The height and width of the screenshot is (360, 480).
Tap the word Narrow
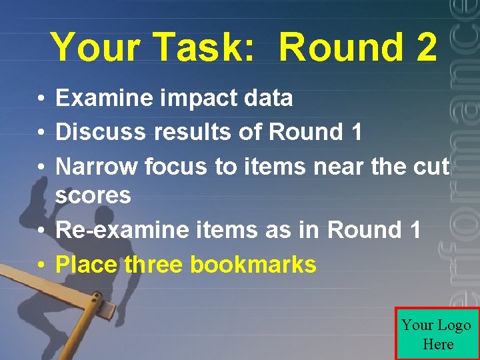[x=97, y=166]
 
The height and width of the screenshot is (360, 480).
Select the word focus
[x=177, y=166]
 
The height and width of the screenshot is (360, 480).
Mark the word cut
[x=431, y=166]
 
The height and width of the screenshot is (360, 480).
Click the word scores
[x=93, y=196]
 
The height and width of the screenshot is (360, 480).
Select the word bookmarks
[x=253, y=265]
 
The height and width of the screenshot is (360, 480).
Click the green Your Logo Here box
[x=437, y=334]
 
